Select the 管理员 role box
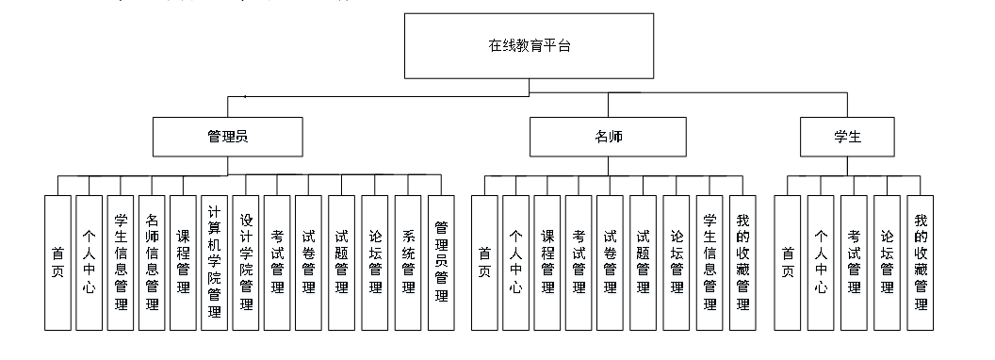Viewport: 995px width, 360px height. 227,137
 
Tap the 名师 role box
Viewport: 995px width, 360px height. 608,137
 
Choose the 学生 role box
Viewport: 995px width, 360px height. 847,137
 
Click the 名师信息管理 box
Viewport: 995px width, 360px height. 152,262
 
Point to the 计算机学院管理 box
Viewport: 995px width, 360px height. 214,262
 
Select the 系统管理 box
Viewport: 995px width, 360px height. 408,262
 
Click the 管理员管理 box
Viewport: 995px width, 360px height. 440,262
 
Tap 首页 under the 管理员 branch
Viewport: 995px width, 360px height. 57,262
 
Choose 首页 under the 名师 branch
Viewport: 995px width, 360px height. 484,262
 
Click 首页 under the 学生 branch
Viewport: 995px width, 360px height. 788,262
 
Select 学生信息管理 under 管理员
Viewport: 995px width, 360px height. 121,262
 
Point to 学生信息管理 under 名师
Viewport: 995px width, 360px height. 710,262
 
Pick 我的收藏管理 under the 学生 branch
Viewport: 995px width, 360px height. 921,262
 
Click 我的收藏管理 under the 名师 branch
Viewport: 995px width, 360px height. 742,262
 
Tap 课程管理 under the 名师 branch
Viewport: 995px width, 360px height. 547,262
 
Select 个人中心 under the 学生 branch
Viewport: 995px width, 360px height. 821,262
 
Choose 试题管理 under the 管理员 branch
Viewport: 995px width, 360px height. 342,262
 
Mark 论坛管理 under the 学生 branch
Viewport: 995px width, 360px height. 887,262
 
